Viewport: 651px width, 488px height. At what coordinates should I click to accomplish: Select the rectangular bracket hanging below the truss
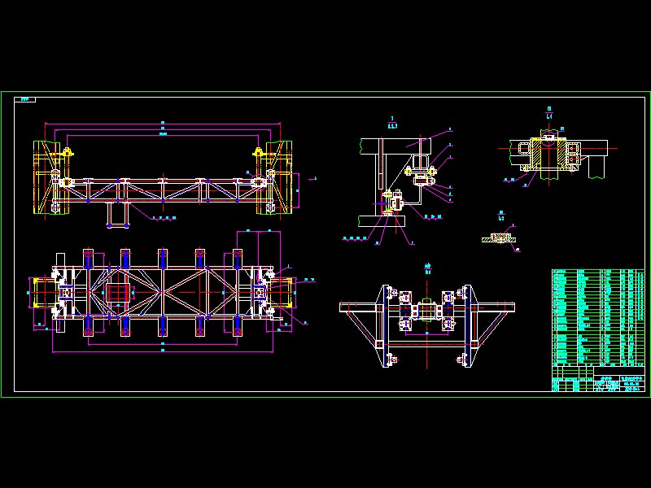click(x=116, y=213)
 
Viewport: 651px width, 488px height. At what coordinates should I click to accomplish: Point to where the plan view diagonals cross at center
click(x=163, y=292)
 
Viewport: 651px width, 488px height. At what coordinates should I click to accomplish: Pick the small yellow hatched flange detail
click(x=500, y=237)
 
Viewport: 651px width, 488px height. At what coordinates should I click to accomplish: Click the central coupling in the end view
click(x=427, y=312)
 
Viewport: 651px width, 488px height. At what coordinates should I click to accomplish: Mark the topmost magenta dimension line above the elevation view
click(x=163, y=123)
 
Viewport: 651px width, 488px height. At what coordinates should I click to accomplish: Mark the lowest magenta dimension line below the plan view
click(x=163, y=351)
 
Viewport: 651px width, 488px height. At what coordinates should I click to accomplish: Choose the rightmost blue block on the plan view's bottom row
click(x=237, y=326)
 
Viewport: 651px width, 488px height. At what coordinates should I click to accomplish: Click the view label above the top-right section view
click(x=550, y=113)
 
